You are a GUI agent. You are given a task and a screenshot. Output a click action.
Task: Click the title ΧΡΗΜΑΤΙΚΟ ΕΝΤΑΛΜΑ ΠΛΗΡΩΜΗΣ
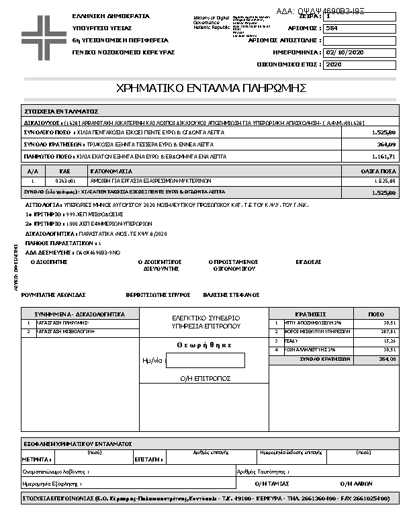[x=211, y=89]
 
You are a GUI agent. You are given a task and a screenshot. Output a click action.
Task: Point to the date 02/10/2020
[x=345, y=52]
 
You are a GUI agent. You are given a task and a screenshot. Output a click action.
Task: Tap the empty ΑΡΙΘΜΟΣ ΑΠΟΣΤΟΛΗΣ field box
[x=359, y=40]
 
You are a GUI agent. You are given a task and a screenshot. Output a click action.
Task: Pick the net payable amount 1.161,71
[x=383, y=157]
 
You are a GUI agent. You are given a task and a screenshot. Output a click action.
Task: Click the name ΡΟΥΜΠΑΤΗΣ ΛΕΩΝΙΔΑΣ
[x=53, y=294]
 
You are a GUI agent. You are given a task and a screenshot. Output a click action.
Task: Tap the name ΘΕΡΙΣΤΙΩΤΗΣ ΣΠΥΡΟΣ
[x=158, y=294]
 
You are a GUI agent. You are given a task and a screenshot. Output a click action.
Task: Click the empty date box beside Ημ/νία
[x=205, y=361]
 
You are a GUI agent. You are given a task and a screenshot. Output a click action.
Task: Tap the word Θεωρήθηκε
[x=204, y=345]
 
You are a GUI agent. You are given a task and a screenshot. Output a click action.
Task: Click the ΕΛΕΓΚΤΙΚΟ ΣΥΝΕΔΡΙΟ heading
[x=205, y=317]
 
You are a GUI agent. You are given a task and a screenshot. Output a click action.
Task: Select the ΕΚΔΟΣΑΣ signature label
[x=308, y=261]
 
